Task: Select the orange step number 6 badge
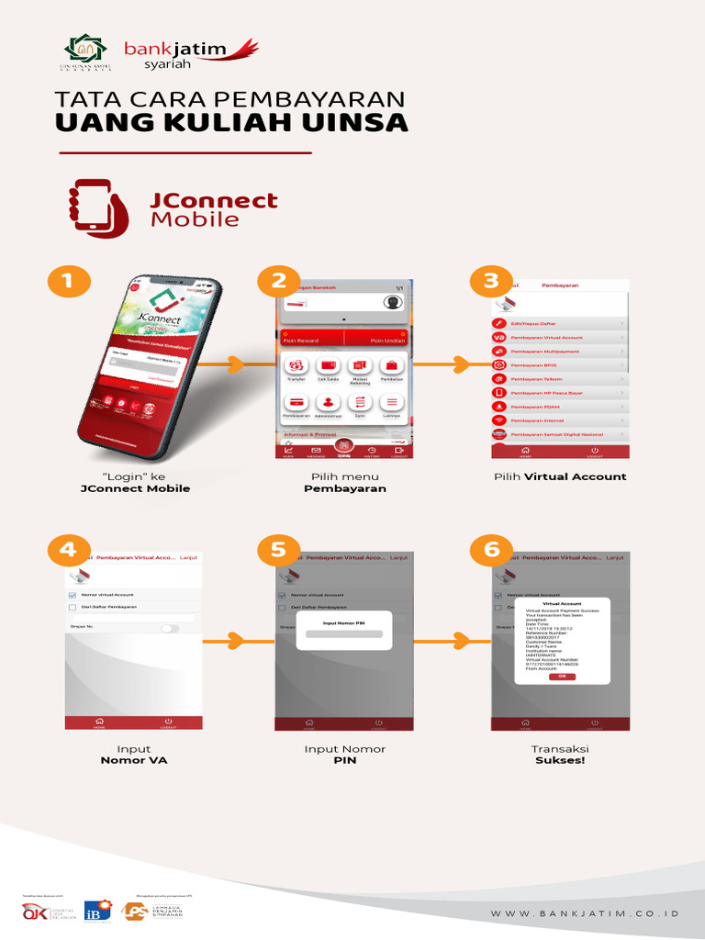coord(491,550)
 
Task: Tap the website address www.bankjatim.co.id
coord(585,914)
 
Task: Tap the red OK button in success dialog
coord(562,677)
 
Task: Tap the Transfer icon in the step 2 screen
coord(297,367)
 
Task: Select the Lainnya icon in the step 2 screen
coord(392,403)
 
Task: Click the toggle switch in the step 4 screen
coord(170,628)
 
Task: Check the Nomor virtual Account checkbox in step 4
coord(73,595)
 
